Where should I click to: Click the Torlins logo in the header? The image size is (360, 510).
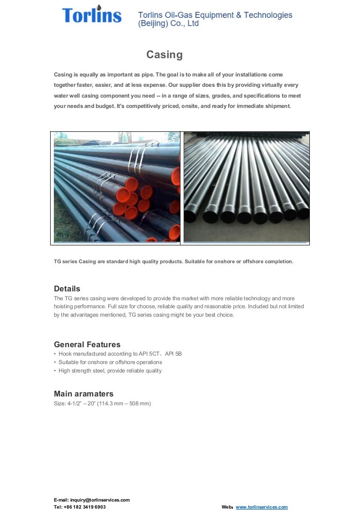[91, 15]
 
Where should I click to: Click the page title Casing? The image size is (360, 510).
[164, 55]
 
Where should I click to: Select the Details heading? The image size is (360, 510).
[67, 289]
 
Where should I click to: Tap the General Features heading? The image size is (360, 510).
[87, 344]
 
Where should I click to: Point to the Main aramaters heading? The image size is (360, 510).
[83, 394]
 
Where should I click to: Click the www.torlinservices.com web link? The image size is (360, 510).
[262, 507]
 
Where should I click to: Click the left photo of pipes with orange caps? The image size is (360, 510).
[116, 188]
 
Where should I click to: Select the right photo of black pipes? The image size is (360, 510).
[246, 188]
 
